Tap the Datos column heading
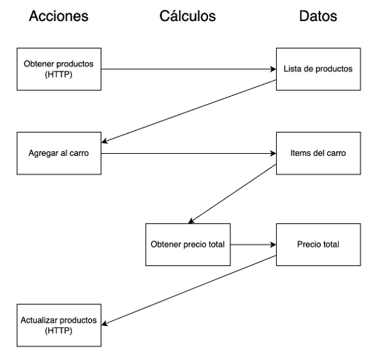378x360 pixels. tap(317, 16)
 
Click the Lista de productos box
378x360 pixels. tap(317, 69)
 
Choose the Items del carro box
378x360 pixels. tap(317, 154)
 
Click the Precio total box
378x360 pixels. tap(317, 244)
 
